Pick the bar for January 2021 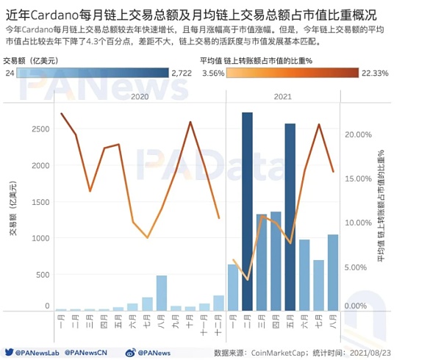click(233, 287)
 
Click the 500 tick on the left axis click(43, 275)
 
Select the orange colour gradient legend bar click(293, 73)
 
